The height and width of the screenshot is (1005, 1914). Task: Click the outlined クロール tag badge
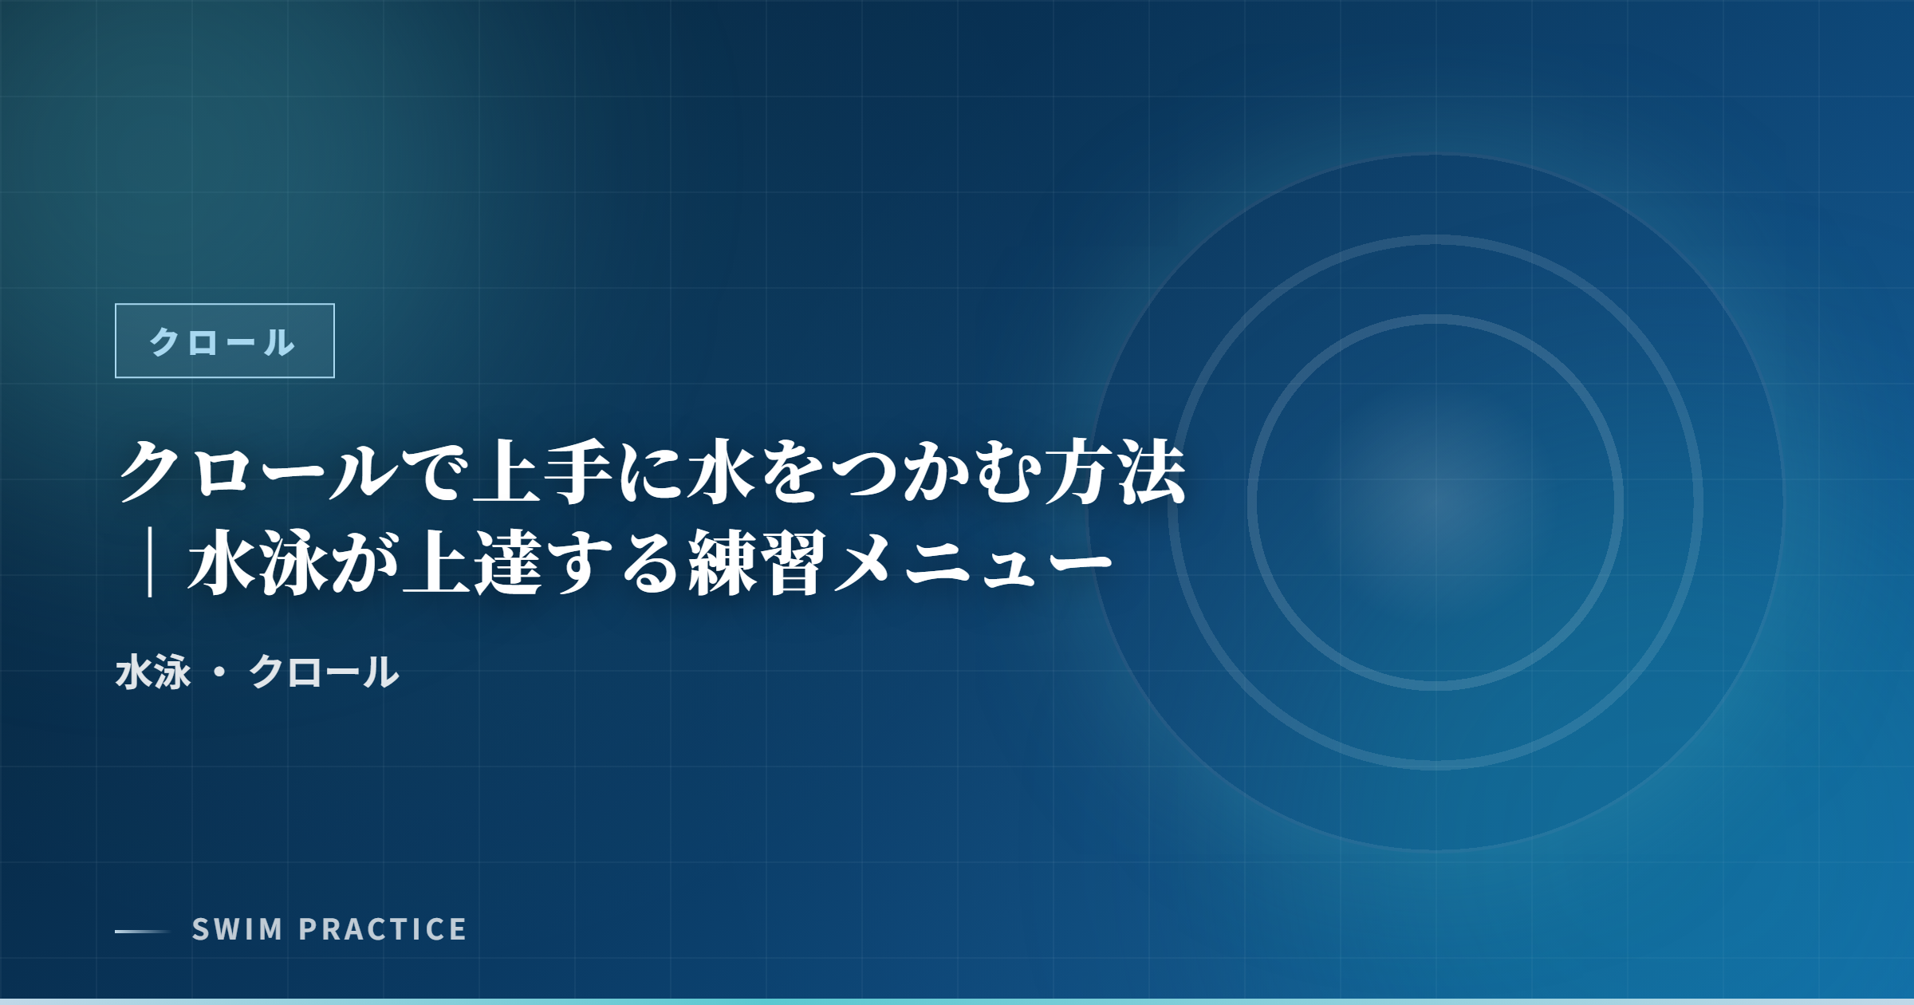(x=225, y=341)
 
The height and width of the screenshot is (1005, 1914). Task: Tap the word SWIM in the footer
(x=238, y=929)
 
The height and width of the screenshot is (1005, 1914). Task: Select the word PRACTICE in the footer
(x=383, y=929)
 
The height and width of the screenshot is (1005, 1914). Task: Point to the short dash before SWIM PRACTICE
(x=143, y=931)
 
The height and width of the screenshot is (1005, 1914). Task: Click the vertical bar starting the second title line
(x=150, y=565)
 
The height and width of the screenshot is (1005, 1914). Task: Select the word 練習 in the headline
(x=758, y=563)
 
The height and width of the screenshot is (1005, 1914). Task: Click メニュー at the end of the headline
(x=973, y=565)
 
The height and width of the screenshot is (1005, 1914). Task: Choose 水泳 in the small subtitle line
(x=153, y=672)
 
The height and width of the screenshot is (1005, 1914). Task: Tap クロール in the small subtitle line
(x=324, y=672)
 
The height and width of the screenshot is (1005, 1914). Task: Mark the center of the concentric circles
(x=1435, y=503)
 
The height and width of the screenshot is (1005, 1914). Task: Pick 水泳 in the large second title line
(x=258, y=563)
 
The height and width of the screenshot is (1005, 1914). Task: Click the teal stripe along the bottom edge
(x=957, y=1002)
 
